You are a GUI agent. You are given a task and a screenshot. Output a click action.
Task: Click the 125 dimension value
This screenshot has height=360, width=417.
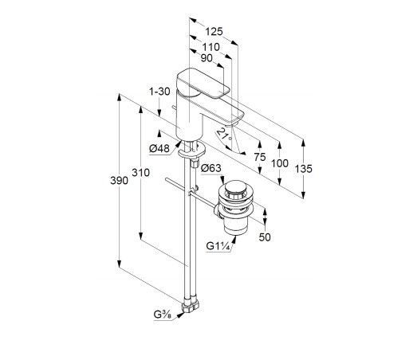[214, 32]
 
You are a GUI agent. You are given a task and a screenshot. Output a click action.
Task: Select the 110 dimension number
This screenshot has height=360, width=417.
[210, 47]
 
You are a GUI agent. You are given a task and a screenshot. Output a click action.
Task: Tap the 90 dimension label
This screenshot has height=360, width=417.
[207, 58]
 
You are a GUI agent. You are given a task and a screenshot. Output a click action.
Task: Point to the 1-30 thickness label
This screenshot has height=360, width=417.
[159, 92]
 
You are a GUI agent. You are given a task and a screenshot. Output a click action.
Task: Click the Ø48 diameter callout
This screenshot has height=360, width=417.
[159, 148]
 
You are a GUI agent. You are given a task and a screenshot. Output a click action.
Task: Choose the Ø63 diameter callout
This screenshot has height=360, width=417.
[211, 168]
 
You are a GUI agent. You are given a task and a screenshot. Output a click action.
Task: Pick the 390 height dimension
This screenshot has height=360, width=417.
[119, 181]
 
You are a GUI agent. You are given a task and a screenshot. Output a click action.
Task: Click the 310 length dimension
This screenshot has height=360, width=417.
[140, 173]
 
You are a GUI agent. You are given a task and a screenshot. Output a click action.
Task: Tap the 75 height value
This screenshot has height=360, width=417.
[260, 157]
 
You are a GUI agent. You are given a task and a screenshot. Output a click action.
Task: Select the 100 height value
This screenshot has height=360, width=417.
[280, 163]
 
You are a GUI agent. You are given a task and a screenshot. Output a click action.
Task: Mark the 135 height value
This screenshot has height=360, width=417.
[303, 169]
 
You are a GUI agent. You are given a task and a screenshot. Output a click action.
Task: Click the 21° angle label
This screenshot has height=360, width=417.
[224, 134]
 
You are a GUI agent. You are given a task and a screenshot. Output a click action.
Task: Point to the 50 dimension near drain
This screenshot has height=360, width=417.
[265, 237]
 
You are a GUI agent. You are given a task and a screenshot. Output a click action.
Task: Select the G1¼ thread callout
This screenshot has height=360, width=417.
[218, 246]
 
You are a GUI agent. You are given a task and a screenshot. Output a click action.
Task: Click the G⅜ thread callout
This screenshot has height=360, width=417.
[163, 315]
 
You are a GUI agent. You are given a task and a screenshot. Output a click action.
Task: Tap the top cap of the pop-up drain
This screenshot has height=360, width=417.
[235, 186]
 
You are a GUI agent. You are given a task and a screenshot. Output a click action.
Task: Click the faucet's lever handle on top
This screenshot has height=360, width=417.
[203, 83]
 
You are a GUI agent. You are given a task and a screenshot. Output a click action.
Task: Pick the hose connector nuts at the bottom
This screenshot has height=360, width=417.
[191, 307]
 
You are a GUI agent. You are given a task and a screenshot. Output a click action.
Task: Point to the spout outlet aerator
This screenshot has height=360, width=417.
[231, 124]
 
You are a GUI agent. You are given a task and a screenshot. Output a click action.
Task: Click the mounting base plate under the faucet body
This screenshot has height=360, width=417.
[192, 151]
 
